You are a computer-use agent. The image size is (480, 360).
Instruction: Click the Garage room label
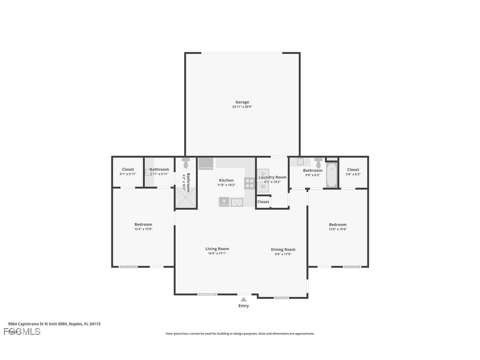[242, 102]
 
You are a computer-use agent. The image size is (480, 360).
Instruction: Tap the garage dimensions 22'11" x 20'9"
[242, 107]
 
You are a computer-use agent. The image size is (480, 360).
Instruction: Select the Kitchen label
[226, 180]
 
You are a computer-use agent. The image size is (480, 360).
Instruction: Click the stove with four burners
[250, 184]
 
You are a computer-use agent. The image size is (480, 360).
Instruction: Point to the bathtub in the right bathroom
[331, 176]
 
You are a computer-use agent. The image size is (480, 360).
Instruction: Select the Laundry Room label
[272, 177]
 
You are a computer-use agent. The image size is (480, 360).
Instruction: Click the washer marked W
[263, 186]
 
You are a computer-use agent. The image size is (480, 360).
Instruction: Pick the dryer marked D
[263, 174]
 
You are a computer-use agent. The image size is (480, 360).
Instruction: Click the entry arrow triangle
[244, 299]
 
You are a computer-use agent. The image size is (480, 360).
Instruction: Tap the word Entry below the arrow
[244, 306]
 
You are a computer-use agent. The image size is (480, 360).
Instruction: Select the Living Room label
[217, 249]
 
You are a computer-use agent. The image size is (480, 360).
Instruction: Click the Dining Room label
[283, 249]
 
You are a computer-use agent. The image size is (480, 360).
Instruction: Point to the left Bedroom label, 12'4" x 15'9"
[143, 224]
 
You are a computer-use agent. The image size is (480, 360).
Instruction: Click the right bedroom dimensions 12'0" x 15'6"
[338, 229]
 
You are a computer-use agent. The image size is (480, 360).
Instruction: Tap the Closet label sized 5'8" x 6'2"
[353, 169]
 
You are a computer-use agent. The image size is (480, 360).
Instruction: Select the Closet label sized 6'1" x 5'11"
[128, 169]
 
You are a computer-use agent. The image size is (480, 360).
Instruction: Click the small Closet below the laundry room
[263, 202]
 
